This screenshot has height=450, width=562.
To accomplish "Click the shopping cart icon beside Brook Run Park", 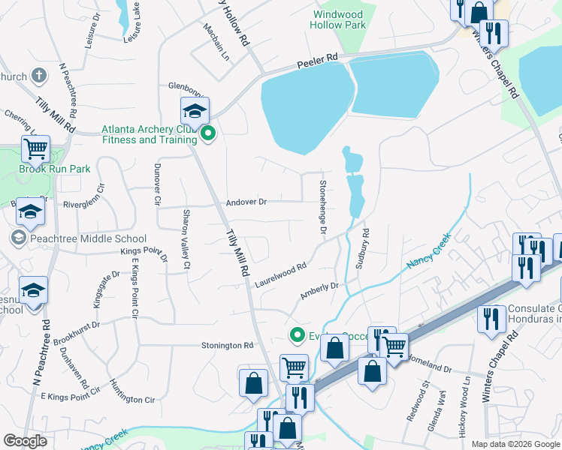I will click(35, 148).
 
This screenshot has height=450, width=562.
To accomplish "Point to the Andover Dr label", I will click(246, 202).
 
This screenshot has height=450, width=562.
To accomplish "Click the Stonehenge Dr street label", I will click(322, 208).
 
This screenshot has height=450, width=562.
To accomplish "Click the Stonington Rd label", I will click(227, 345).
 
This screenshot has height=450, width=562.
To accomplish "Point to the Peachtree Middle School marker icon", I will click(17, 238).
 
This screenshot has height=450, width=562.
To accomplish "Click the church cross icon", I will click(39, 76).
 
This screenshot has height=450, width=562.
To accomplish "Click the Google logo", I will click(26, 440).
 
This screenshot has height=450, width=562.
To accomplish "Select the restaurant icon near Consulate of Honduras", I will click(491, 319).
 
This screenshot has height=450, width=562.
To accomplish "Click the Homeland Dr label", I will click(428, 364).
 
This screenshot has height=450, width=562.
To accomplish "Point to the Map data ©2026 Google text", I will click(515, 444).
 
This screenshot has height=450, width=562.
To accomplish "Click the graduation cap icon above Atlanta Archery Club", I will click(195, 112).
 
